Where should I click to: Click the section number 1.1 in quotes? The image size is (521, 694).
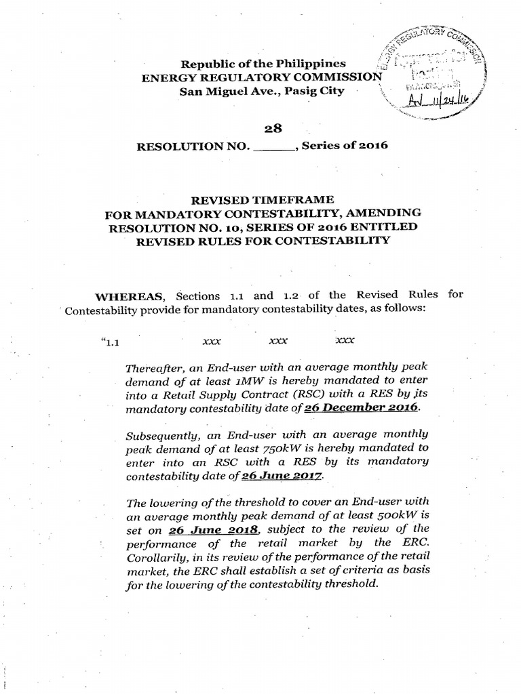110,342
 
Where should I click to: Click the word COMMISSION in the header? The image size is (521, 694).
342,77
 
